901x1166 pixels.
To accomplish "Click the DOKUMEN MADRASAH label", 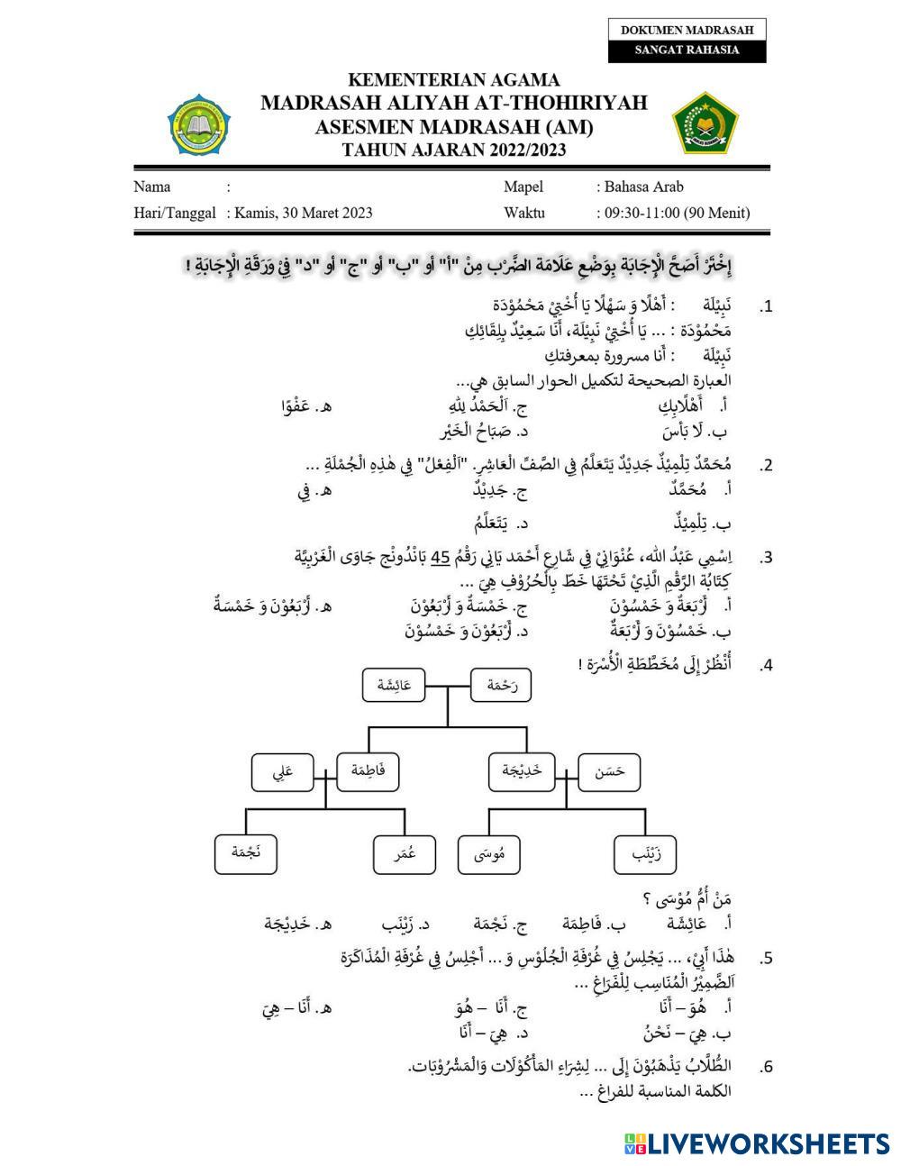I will (687, 30).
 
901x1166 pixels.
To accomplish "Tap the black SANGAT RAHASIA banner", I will (687, 50).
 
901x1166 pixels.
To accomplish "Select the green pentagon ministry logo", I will (705, 123).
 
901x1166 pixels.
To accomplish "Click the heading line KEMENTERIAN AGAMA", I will (453, 80).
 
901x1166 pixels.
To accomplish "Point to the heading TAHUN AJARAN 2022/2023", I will (454, 150).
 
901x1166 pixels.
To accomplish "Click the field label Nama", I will (152, 187).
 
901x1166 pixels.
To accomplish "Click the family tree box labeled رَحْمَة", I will (501, 686).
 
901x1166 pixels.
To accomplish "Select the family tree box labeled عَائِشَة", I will (394, 686).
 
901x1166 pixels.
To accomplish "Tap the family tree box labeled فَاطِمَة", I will (367, 772).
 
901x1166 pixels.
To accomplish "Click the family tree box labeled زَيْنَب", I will (644, 854).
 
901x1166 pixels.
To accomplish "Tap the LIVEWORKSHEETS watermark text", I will (769, 1143).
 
